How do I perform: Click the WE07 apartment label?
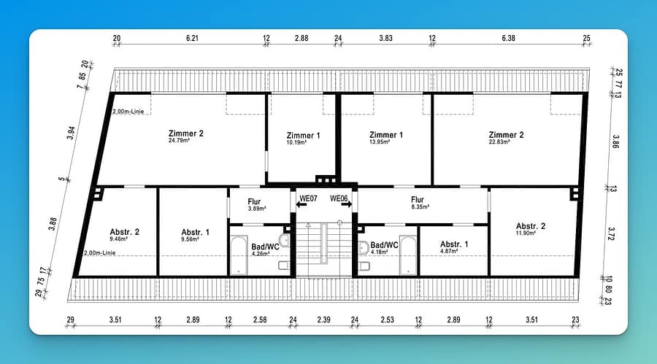point(308,198)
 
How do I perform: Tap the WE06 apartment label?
point(339,198)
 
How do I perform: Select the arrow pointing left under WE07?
point(301,205)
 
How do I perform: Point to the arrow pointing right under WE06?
point(347,205)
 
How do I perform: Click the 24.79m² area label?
point(179,141)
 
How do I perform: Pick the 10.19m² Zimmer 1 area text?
point(296,143)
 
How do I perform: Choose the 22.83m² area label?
point(499,142)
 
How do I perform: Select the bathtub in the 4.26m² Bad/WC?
point(239,255)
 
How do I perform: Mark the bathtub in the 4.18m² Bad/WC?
point(407,255)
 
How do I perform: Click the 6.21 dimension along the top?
point(192,38)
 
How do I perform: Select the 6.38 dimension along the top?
point(508,38)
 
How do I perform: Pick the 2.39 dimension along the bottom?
point(323,320)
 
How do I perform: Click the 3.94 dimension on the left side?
point(72,133)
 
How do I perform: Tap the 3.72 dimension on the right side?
point(611,233)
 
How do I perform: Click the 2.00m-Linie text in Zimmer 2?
point(128,112)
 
